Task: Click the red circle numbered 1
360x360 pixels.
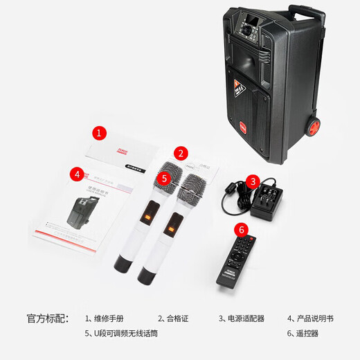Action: [100, 132]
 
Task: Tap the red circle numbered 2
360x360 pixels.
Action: [181, 153]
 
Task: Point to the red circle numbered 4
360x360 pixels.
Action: [78, 174]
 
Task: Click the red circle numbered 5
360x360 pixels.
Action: [164, 178]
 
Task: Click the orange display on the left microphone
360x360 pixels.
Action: [147, 217]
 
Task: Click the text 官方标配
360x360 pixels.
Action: [48, 318]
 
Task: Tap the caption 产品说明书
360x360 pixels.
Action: [314, 318]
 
